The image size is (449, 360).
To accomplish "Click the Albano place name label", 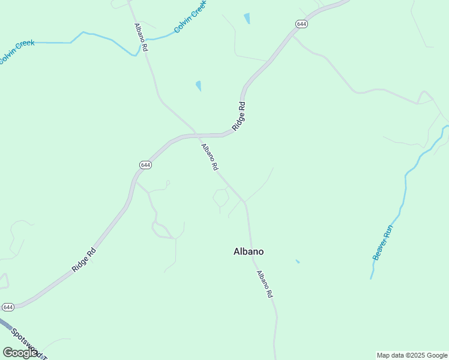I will point(249,252).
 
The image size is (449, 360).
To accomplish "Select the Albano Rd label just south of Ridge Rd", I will point(209,157).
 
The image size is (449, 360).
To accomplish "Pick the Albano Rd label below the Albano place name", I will point(265,284).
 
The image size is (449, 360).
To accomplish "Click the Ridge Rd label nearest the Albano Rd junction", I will point(239,116).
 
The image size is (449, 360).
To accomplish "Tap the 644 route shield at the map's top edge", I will point(301,23).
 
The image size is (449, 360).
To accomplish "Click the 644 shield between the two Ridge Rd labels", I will point(145,164).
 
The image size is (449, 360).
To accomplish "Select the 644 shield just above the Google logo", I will point(8,307).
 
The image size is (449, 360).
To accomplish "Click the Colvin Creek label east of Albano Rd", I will point(190,17).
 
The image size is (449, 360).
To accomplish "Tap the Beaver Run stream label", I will point(382,242).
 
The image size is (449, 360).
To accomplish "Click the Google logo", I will point(20,353).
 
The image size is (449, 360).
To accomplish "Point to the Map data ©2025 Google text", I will point(412,355).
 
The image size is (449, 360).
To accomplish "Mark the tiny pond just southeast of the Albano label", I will point(298,262).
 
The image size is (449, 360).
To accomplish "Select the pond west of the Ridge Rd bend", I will point(199,86).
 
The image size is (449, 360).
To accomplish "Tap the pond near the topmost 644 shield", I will point(247,19).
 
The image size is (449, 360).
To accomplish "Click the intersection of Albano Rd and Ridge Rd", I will point(196,134).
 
